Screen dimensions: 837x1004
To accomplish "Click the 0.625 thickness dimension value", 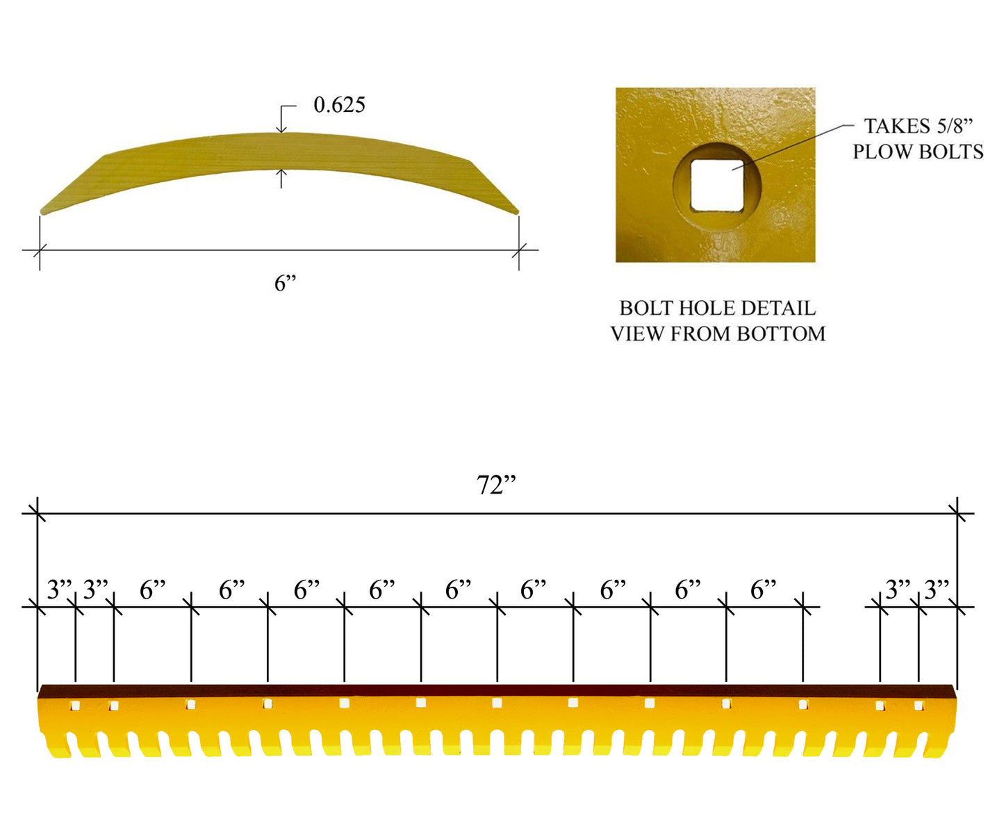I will [339, 105].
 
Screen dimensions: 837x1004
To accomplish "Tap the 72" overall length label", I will [496, 485].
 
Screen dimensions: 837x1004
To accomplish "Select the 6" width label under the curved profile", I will [285, 283].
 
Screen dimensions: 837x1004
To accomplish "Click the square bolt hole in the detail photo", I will [716, 185].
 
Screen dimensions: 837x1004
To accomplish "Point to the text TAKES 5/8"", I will [918, 126].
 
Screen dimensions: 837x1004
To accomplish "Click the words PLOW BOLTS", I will [918, 152].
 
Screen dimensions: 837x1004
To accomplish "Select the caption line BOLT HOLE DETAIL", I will [717, 308].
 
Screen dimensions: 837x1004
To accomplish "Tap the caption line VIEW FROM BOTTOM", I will [718, 334].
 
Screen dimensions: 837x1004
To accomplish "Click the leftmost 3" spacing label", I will [59, 590].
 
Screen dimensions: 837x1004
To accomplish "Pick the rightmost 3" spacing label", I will [937, 590].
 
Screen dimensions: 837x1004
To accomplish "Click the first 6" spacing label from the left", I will [153, 590].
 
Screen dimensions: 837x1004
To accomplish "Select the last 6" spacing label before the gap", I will [763, 590].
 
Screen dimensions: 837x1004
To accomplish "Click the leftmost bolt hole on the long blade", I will [75, 706].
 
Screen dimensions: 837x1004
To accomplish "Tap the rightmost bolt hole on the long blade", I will [919, 706].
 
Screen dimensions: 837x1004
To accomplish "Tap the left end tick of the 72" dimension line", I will [38, 514].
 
